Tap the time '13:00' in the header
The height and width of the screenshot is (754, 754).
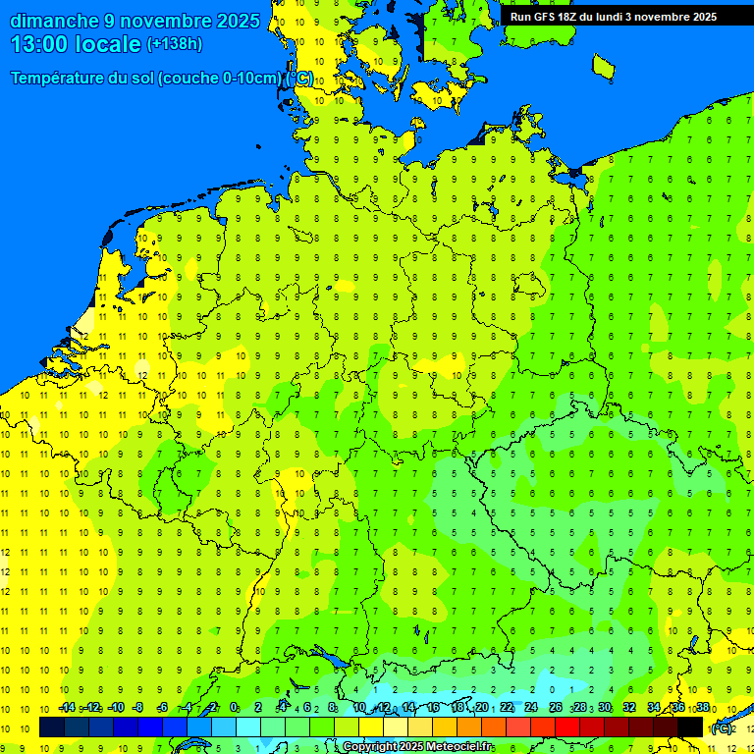(40, 44)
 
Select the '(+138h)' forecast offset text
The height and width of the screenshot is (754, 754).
(174, 44)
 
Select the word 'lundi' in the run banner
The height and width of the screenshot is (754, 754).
(622, 17)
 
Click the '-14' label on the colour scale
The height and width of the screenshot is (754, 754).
(66, 707)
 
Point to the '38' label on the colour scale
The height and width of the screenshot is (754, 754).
(702, 707)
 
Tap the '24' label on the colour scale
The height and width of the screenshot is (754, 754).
(531, 707)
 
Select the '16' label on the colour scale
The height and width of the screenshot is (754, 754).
(432, 707)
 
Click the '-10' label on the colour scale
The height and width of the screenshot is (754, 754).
(115, 707)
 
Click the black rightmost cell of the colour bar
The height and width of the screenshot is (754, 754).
(690, 727)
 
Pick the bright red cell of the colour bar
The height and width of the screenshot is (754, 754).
(567, 727)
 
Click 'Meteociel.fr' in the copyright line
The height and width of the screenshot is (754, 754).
(459, 747)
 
